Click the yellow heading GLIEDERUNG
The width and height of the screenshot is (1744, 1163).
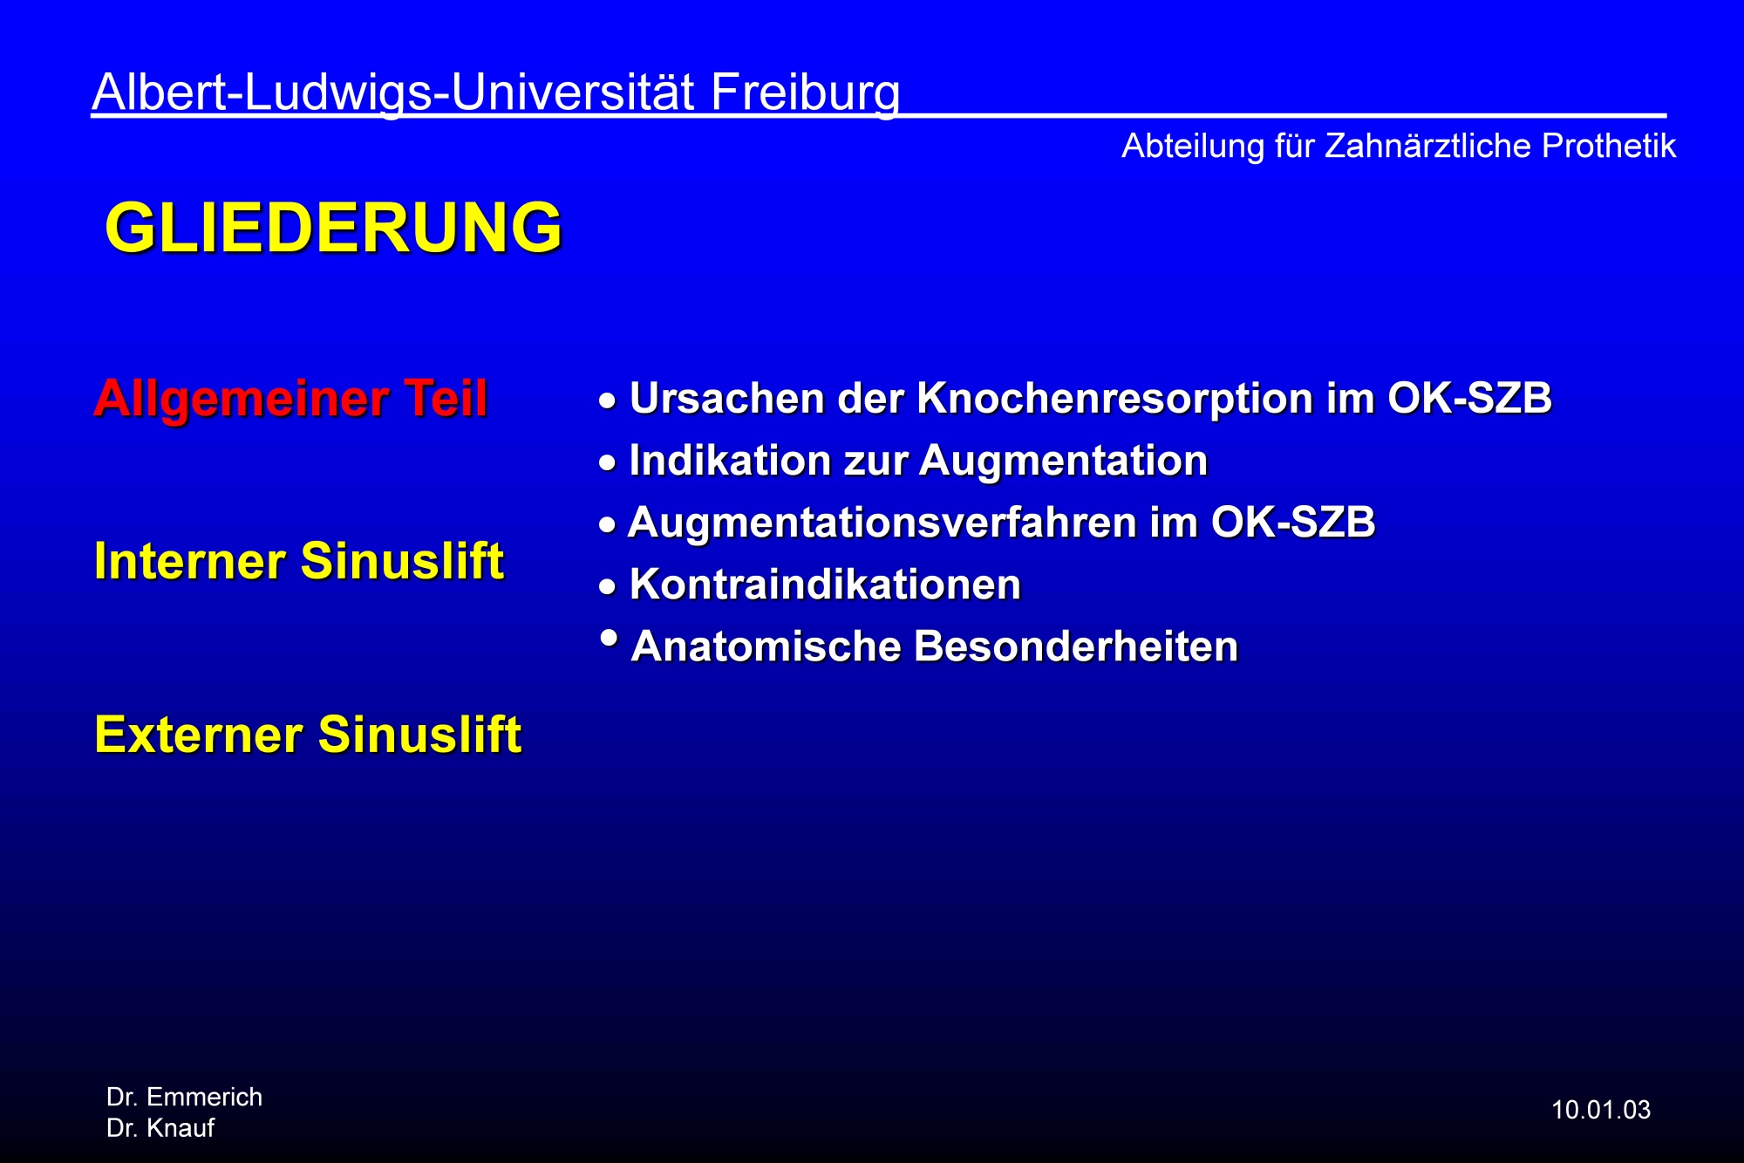pos(333,228)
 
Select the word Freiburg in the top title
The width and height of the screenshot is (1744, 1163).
pos(805,93)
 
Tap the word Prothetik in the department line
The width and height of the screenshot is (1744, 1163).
pos(1608,146)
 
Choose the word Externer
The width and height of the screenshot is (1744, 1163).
pos(198,734)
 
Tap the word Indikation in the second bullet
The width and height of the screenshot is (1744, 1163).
pos(730,461)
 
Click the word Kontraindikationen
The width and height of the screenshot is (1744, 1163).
pos(825,585)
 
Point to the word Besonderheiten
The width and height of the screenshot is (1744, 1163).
pos(1076,646)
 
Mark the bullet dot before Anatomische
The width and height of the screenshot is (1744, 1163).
pos(610,638)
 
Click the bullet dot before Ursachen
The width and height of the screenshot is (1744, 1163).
pos(608,401)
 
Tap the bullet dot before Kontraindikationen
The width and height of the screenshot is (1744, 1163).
pos(608,587)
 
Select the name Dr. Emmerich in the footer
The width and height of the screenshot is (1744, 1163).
pos(184,1097)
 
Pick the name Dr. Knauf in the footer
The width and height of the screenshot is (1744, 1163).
pos(160,1128)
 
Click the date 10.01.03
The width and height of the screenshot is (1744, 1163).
pos(1601,1110)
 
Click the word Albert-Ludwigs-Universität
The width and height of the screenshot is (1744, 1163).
pos(393,93)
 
